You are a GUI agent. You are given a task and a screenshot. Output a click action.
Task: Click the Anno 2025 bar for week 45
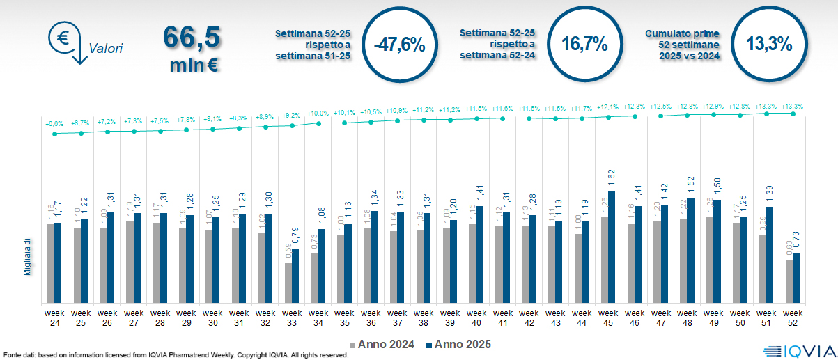click(612, 247)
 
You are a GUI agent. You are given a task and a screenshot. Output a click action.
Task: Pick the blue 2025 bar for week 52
click(796, 278)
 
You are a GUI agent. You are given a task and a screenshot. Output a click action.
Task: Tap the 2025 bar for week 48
click(691, 251)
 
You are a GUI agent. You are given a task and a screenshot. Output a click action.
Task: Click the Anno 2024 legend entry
click(382, 344)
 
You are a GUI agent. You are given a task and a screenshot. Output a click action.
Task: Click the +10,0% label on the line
click(318, 113)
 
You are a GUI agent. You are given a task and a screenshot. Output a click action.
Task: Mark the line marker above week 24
click(54, 134)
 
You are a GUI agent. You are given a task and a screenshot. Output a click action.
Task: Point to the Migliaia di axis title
click(27, 256)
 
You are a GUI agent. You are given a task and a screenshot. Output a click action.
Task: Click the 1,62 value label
click(612, 180)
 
